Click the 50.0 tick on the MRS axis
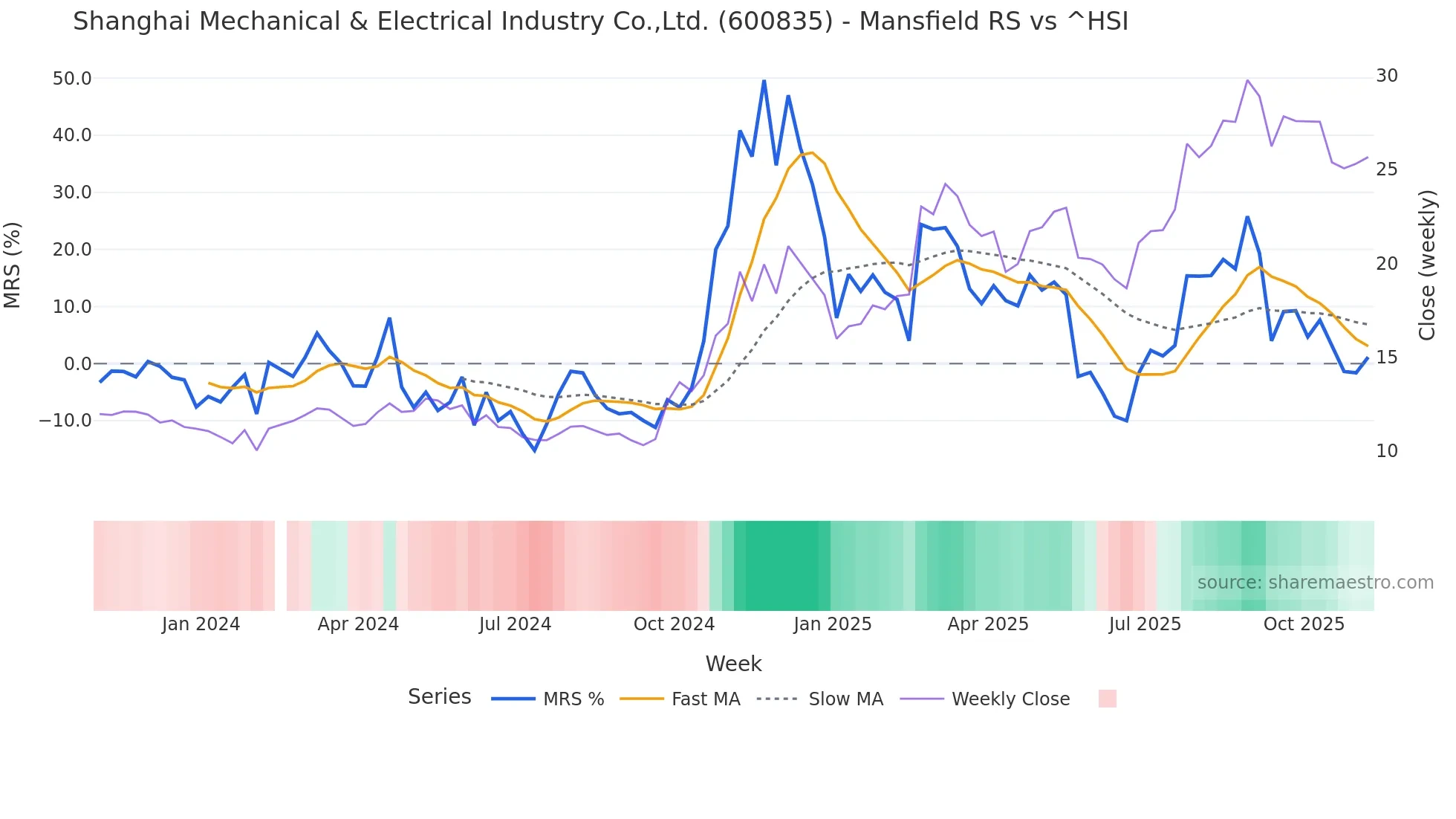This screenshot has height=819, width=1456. [x=71, y=79]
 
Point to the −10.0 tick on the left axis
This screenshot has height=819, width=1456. [x=65, y=421]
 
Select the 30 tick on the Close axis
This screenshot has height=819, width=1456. [x=1386, y=76]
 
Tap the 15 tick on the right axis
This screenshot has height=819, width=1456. [x=1386, y=357]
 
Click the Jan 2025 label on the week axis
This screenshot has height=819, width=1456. [x=832, y=624]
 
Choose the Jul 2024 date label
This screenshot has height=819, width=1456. [x=515, y=624]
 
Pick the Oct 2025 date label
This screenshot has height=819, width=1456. [x=1304, y=624]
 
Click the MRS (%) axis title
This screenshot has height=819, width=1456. [x=13, y=265]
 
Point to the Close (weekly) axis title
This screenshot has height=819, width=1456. [x=1426, y=265]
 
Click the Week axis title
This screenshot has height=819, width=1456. [x=733, y=664]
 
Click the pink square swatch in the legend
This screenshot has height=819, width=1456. [x=1107, y=699]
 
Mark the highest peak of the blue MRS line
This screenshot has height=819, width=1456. [x=764, y=80]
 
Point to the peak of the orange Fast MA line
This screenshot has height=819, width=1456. [x=813, y=152]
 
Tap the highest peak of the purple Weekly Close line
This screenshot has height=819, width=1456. [x=1247, y=80]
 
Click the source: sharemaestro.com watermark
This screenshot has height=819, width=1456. [x=1315, y=583]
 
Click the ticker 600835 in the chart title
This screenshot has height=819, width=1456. [x=776, y=22]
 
